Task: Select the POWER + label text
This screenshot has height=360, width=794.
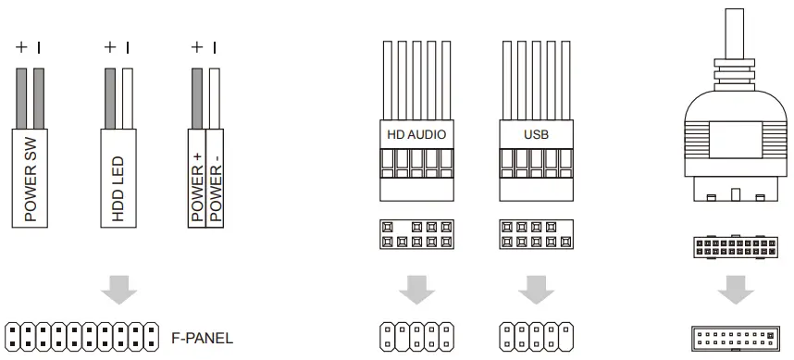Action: point(196,186)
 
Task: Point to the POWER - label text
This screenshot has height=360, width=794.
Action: point(216,186)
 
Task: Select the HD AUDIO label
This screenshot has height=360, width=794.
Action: point(416,135)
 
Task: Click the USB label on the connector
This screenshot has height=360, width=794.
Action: point(536,135)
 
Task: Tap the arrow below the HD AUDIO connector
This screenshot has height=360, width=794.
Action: point(416,290)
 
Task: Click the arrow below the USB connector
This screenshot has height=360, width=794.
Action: point(536,290)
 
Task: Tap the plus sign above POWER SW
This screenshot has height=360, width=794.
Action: point(21,45)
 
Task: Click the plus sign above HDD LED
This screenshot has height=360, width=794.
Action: point(109,45)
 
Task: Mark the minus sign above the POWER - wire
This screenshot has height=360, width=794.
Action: point(215,45)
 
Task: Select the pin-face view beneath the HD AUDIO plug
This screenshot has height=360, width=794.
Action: point(416,233)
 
